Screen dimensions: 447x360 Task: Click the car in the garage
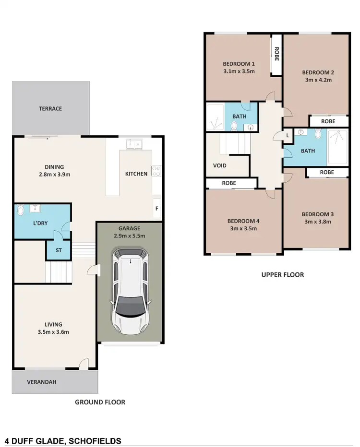pos(130,294)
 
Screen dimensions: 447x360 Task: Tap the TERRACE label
pos(50,109)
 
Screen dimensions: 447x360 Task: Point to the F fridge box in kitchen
pos(157,209)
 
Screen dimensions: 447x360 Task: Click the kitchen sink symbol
pos(133,143)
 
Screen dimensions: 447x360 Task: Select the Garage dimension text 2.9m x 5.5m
pos(130,236)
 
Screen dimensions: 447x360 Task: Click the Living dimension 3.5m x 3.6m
pos(54,332)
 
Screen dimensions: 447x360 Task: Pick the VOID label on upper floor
pos(220,165)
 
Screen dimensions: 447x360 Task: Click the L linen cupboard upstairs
pos(287,136)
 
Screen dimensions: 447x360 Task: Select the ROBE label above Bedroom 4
pos(228,183)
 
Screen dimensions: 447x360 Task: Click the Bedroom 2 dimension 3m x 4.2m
pos(318,80)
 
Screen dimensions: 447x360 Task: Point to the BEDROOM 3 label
pos(318,214)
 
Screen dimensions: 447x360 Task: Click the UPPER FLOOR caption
pos(283,275)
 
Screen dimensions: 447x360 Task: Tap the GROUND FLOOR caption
pos(100,402)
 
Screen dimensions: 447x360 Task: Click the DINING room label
pos(54,167)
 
